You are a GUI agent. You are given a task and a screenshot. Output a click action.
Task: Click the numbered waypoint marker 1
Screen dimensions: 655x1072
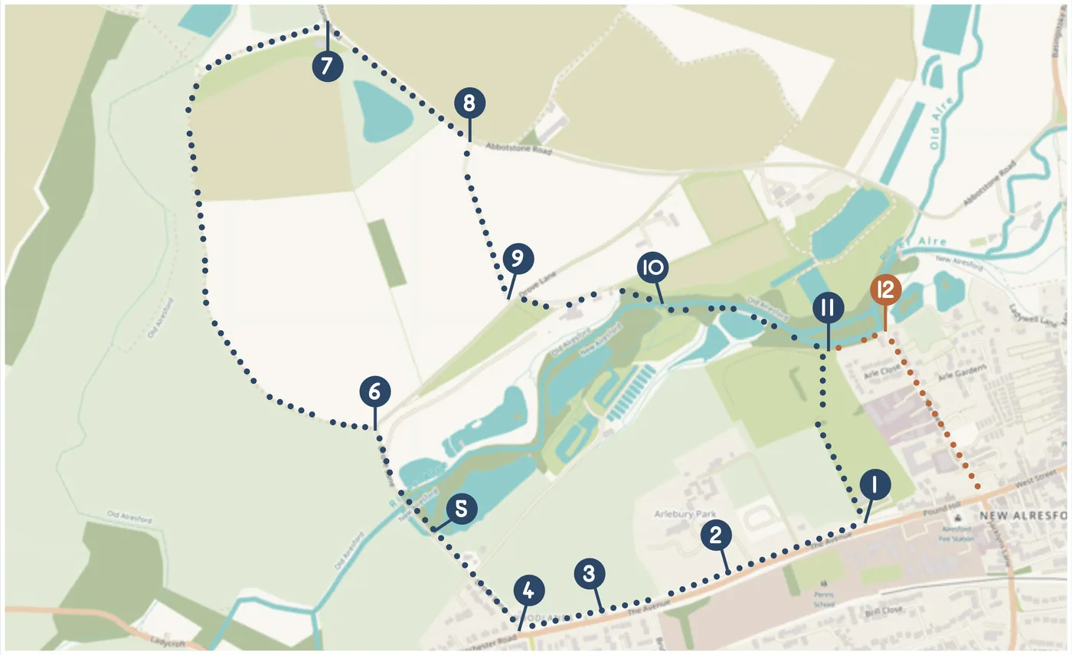[874, 486]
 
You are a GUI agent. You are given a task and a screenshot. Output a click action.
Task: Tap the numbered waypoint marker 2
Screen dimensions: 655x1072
[715, 535]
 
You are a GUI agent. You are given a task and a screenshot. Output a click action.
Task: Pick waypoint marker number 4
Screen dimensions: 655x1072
[529, 591]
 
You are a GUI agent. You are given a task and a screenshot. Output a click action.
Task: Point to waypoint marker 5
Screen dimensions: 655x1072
[462, 509]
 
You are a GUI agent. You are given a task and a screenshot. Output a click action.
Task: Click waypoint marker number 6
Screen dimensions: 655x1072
[374, 392]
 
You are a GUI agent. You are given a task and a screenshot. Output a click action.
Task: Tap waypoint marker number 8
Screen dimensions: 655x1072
[469, 102]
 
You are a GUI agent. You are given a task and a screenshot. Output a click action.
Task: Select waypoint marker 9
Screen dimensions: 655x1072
[517, 260]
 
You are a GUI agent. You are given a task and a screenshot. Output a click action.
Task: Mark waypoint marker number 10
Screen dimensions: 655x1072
[652, 268]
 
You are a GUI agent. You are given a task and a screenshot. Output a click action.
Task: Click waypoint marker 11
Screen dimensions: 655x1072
[828, 308]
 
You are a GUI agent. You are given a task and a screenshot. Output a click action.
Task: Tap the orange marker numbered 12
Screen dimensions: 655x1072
[884, 291]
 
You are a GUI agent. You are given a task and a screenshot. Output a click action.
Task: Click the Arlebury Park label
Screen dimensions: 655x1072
[680, 513]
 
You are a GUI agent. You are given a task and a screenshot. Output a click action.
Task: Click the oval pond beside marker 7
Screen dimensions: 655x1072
[382, 113]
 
